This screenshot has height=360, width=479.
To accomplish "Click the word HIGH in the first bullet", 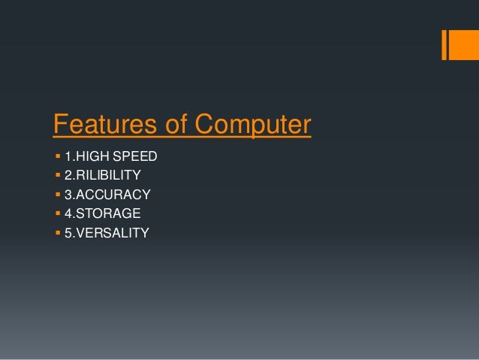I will coord(92,157).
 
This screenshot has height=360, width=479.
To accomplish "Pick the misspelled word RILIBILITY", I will coord(107,176).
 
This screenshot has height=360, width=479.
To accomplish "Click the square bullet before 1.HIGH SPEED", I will coord(57,157).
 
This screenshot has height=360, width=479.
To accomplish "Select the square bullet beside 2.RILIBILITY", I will coord(57,176).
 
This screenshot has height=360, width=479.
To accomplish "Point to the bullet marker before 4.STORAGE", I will coord(57,214).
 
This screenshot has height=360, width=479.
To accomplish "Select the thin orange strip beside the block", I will coord(444,44).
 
